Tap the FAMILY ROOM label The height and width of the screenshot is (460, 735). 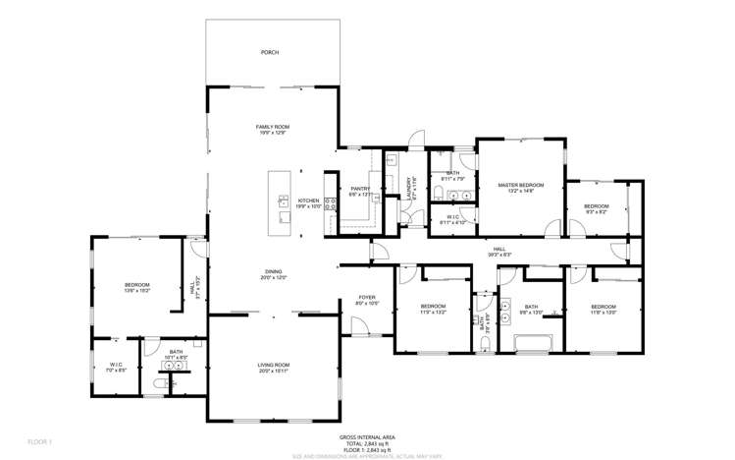tap(273, 127)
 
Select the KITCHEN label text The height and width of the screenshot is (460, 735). tap(309, 200)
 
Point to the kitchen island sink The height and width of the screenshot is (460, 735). tap(284, 204)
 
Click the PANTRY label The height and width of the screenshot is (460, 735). tap(360, 189)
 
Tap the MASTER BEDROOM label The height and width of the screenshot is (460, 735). tap(520, 185)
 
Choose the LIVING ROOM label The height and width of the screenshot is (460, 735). tap(273, 365)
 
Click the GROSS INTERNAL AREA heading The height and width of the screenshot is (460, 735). tap(367, 436)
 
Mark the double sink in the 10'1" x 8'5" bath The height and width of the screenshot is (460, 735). tap(175, 365)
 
